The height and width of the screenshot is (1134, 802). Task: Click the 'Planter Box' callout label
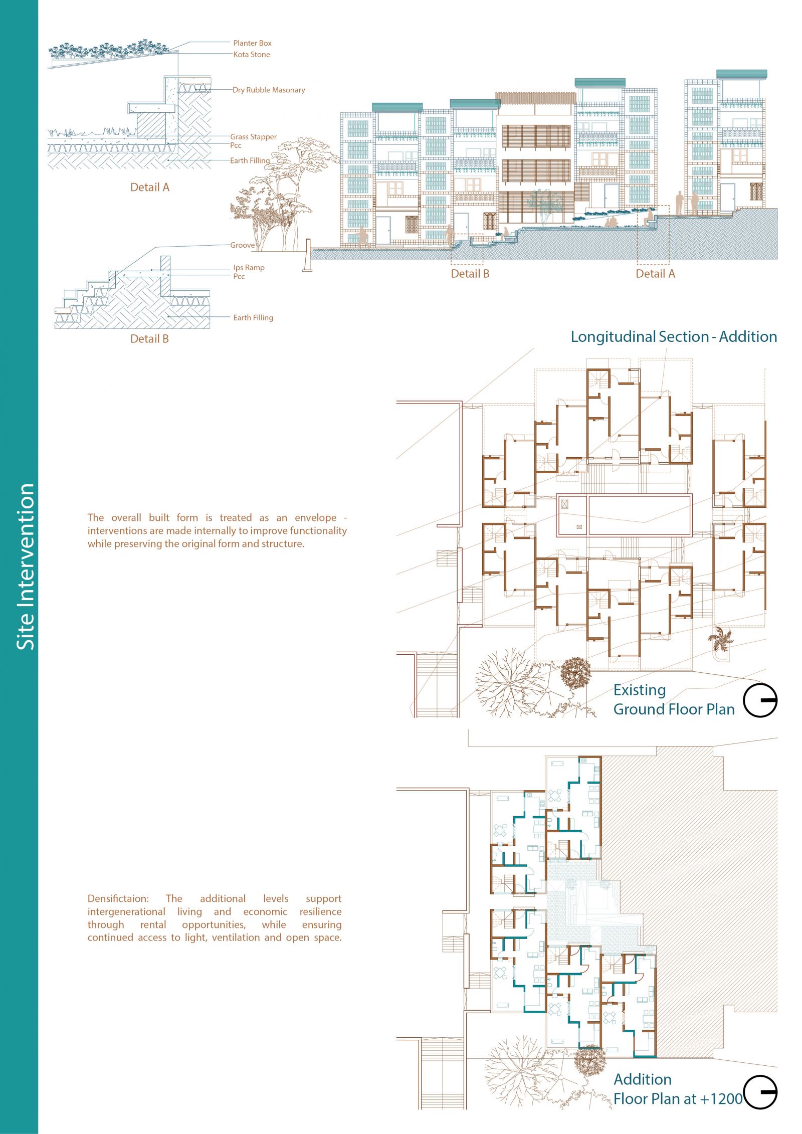252,43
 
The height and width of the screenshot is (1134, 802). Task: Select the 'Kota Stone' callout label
252,55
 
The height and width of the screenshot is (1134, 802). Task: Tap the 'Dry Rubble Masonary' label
269,90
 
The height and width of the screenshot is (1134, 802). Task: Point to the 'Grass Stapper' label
253,137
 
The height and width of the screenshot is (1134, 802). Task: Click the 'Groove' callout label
243,245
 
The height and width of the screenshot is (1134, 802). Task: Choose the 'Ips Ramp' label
249,268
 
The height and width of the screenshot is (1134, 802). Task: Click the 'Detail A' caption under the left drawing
150,187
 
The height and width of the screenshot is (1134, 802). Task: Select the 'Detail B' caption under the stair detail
149,339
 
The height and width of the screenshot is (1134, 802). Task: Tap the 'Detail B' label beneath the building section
470,274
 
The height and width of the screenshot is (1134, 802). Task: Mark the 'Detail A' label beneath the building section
655,274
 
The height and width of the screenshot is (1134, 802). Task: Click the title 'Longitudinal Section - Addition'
674,337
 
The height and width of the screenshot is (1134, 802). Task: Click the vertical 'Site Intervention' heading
26,566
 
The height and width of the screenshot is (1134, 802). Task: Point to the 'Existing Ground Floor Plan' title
674,700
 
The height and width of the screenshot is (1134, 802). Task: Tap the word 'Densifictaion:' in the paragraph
118,899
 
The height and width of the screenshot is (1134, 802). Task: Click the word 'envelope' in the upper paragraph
316,518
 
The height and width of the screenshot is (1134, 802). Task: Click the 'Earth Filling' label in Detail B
253,318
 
